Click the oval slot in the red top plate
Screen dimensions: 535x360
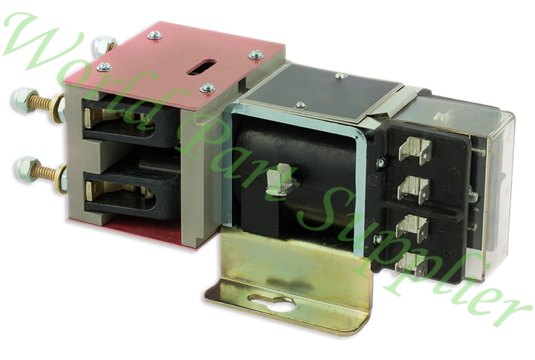pyautogui.click(x=201, y=67)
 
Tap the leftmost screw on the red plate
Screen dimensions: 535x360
pyautogui.click(x=104, y=67)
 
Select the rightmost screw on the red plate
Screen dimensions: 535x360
pyautogui.click(x=255, y=54)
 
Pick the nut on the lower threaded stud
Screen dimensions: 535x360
pyautogui.click(x=26, y=169)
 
